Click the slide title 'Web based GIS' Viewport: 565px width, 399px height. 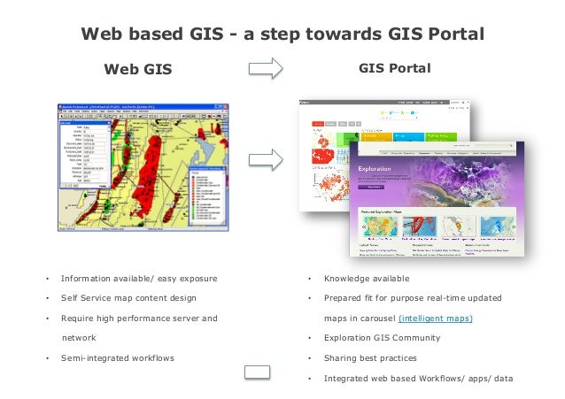pos(282,35)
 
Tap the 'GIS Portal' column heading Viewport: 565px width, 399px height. pos(395,67)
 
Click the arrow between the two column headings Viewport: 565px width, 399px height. pos(265,68)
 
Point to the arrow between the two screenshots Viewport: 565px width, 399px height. pos(265,160)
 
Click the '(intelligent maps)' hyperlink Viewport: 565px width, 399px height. pos(436,318)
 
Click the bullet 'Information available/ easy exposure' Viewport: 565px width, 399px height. pos(139,279)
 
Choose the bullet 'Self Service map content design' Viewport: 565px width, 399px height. pos(128,298)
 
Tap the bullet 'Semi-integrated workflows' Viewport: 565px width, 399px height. pos(117,357)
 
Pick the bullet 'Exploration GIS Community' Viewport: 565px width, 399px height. pos(382,337)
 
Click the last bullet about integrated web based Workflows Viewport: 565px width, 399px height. pos(418,378)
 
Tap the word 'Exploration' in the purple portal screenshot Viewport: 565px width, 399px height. pos(369,165)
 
